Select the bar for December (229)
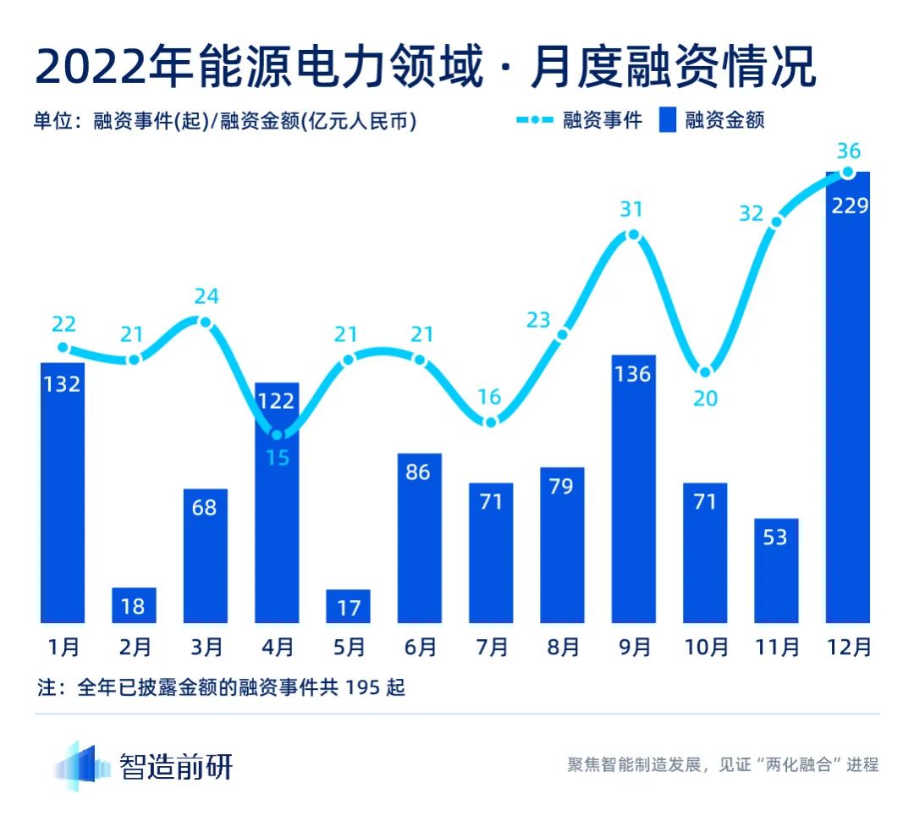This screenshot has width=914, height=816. pos(848,398)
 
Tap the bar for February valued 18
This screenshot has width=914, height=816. pos(135,605)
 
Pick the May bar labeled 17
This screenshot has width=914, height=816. pos(348,606)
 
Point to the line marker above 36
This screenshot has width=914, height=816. pos(848,173)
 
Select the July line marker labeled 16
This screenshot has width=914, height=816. pos(491,422)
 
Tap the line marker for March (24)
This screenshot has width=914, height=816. pos(205,322)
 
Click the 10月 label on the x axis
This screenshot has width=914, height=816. pos(705,648)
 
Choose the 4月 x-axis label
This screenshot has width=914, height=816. pos(277,648)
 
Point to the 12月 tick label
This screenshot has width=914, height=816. pos(848,648)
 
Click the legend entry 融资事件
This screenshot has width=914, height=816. pos(603,120)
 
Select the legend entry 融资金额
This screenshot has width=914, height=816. pos(724,120)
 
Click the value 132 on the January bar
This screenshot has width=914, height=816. pos(63,384)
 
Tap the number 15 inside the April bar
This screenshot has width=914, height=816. pos(277,458)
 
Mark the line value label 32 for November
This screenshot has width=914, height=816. pos(752,213)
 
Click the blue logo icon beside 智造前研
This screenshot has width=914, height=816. pos(83,766)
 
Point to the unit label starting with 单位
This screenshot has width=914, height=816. pos(225,121)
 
